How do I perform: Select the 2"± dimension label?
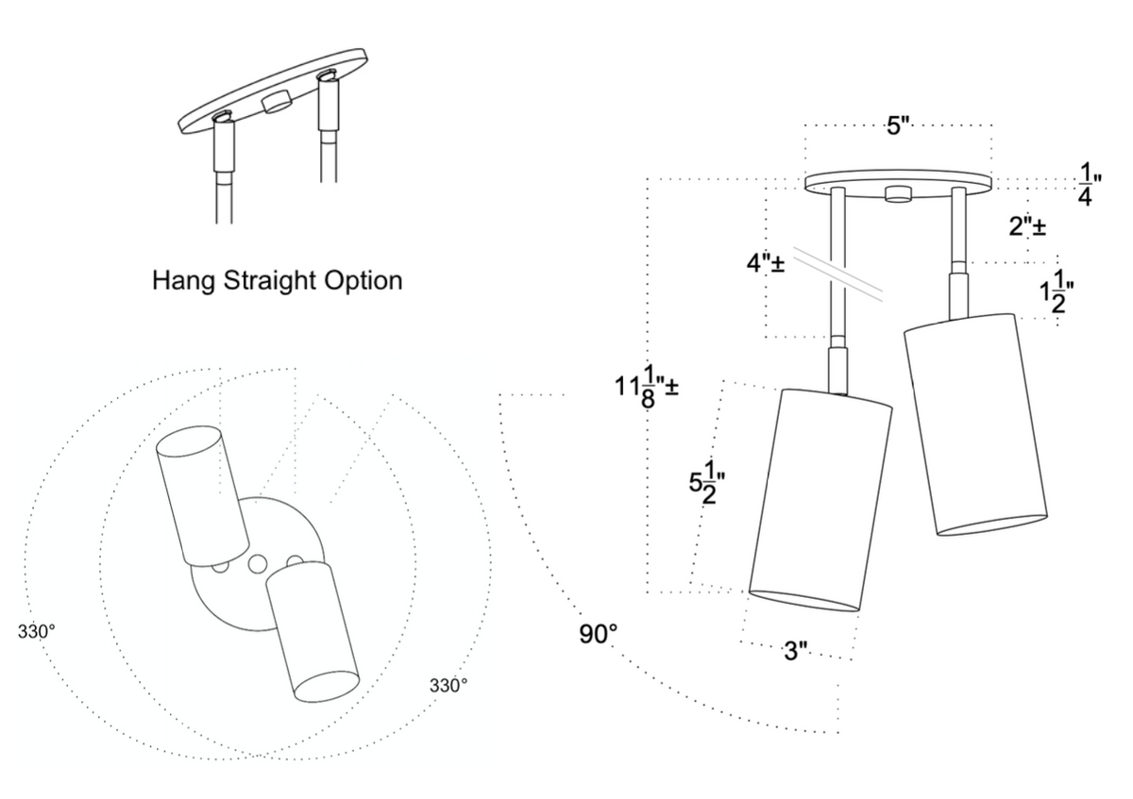(1026, 227)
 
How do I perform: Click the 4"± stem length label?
(767, 262)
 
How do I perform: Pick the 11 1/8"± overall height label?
(648, 386)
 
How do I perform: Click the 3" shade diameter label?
(796, 652)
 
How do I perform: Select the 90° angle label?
(599, 633)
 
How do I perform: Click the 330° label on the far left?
(36, 631)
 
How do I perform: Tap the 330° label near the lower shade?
(448, 686)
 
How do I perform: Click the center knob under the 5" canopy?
(897, 195)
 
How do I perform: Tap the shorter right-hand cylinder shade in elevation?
(976, 424)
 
